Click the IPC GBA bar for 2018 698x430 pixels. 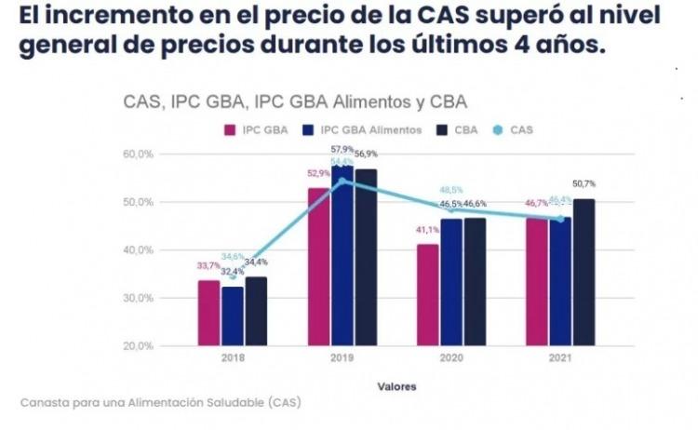coord(209,313)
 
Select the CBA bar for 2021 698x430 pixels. coord(584,272)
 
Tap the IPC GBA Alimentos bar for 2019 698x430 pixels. coord(343,255)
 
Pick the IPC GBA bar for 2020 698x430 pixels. coord(427,294)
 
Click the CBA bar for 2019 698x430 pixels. coord(366,257)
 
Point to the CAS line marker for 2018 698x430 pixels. coord(233,275)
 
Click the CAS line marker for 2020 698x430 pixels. coord(450,209)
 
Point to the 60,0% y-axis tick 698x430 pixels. coord(138,154)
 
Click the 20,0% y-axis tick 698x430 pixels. coord(138,346)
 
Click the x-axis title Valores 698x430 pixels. coord(396,385)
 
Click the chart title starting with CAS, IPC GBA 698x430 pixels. coord(295,101)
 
